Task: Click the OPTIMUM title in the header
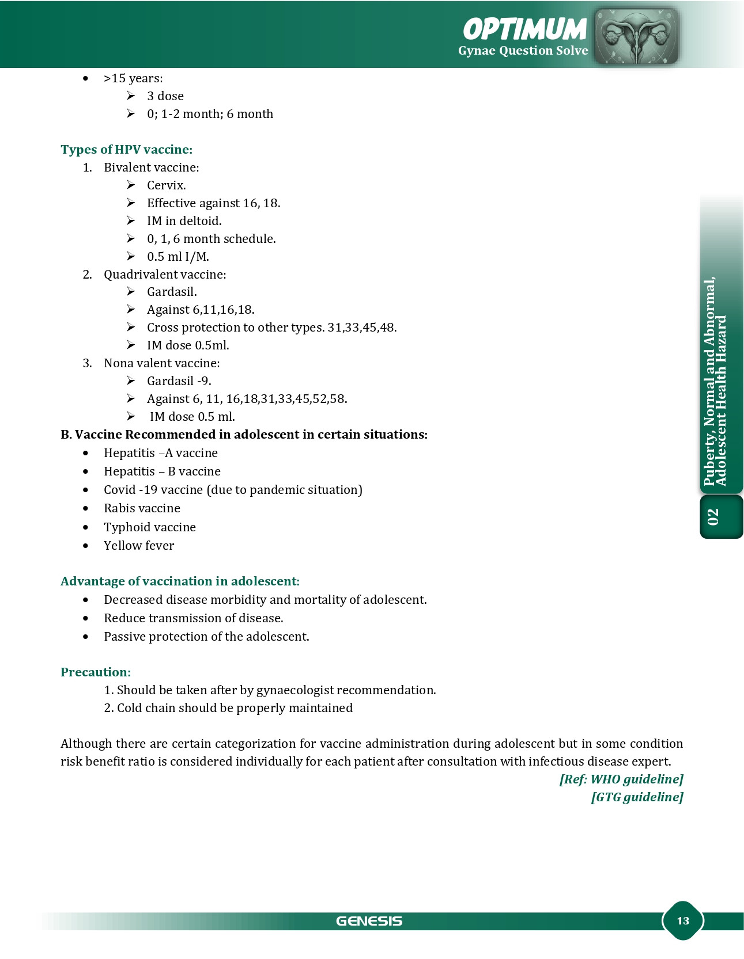click(x=524, y=29)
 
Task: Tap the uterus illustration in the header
click(x=636, y=36)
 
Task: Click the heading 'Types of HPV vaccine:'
click(x=126, y=150)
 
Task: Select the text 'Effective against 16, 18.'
click(x=213, y=203)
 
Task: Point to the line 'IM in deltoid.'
click(x=184, y=221)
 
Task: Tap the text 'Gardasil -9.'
click(x=179, y=381)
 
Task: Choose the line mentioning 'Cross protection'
click(x=271, y=328)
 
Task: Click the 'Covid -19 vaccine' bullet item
click(x=233, y=490)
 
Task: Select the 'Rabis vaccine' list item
click(x=142, y=508)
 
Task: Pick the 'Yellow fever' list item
click(x=139, y=546)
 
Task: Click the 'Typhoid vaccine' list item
click(x=150, y=527)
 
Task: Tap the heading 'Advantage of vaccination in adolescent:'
click(x=180, y=581)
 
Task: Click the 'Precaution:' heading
click(x=96, y=672)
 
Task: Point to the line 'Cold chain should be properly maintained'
click(x=235, y=708)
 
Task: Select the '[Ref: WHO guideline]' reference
click(x=621, y=779)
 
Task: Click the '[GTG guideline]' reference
click(x=637, y=797)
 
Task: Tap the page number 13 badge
click(x=683, y=921)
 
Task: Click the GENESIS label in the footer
click(x=369, y=921)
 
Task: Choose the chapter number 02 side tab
click(x=713, y=517)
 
